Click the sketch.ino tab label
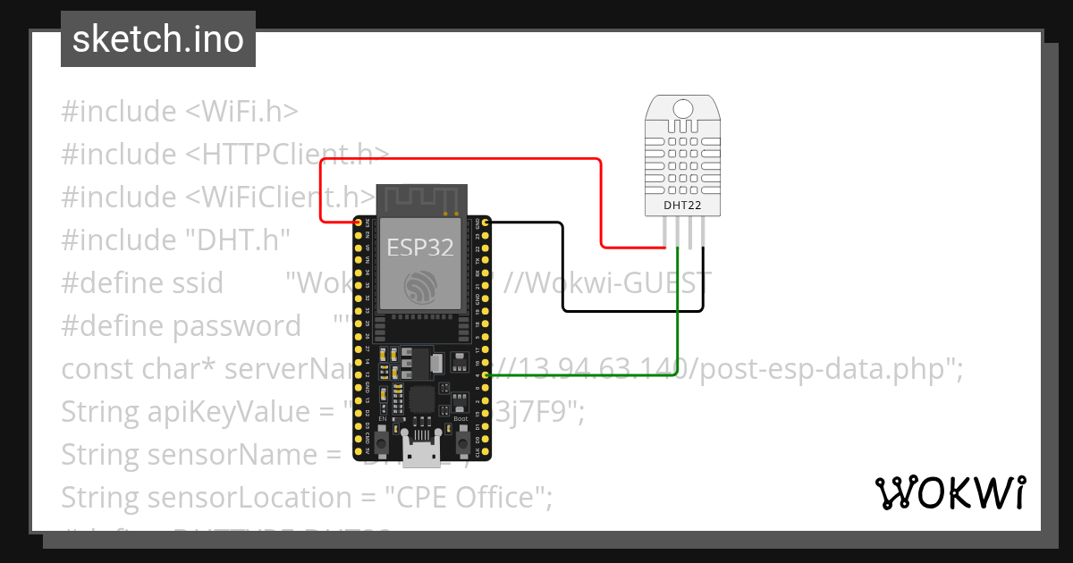coord(157,39)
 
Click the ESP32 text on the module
coord(419,247)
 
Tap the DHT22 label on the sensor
coord(681,206)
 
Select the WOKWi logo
coord(950,492)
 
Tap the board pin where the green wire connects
coord(485,375)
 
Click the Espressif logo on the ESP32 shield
coord(419,285)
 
